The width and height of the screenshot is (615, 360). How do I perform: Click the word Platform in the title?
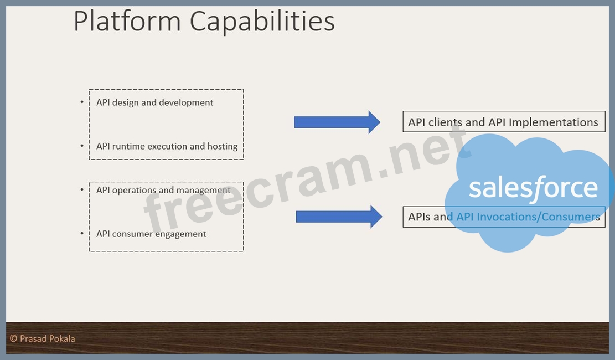(x=127, y=21)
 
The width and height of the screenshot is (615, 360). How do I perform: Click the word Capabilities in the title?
(x=262, y=22)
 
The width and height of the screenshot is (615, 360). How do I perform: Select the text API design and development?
(x=154, y=102)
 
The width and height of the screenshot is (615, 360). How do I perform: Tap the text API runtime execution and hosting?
(x=167, y=146)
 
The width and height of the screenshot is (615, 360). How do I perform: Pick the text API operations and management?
(x=163, y=191)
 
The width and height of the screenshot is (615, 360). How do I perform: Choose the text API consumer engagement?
(x=151, y=234)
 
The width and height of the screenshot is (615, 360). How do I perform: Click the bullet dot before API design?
(x=82, y=102)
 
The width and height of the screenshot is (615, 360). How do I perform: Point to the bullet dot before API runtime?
(x=82, y=146)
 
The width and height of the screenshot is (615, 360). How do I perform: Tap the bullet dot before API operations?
(x=82, y=189)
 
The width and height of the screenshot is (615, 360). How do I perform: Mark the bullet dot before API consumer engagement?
(x=82, y=234)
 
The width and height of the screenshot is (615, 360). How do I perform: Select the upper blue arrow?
(x=337, y=122)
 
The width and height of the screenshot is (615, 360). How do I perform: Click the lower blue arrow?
(x=339, y=217)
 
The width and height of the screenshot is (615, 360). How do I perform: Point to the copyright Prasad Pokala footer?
(x=43, y=338)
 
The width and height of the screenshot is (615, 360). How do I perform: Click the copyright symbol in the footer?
(x=13, y=338)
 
